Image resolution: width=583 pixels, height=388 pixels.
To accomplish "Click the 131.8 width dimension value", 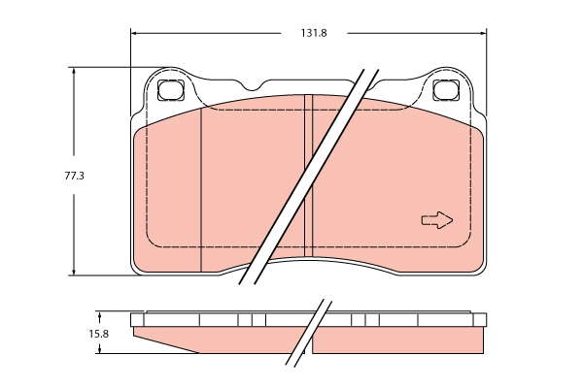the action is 314,33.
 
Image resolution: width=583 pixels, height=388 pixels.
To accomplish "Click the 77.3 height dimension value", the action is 75,176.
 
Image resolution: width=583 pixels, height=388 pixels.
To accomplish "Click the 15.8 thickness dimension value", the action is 98,334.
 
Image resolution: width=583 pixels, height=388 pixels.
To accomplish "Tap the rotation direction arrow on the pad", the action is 437,220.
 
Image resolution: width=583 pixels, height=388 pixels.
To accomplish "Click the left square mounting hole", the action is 171,90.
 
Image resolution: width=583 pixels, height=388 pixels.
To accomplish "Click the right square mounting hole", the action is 446,90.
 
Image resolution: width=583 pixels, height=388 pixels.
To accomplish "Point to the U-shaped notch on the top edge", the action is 253,86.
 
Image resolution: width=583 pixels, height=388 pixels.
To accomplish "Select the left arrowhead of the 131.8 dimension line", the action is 135,33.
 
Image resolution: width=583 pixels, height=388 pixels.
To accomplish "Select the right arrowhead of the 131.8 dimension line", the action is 482,33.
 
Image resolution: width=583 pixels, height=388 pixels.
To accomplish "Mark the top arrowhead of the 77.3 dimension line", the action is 74,72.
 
